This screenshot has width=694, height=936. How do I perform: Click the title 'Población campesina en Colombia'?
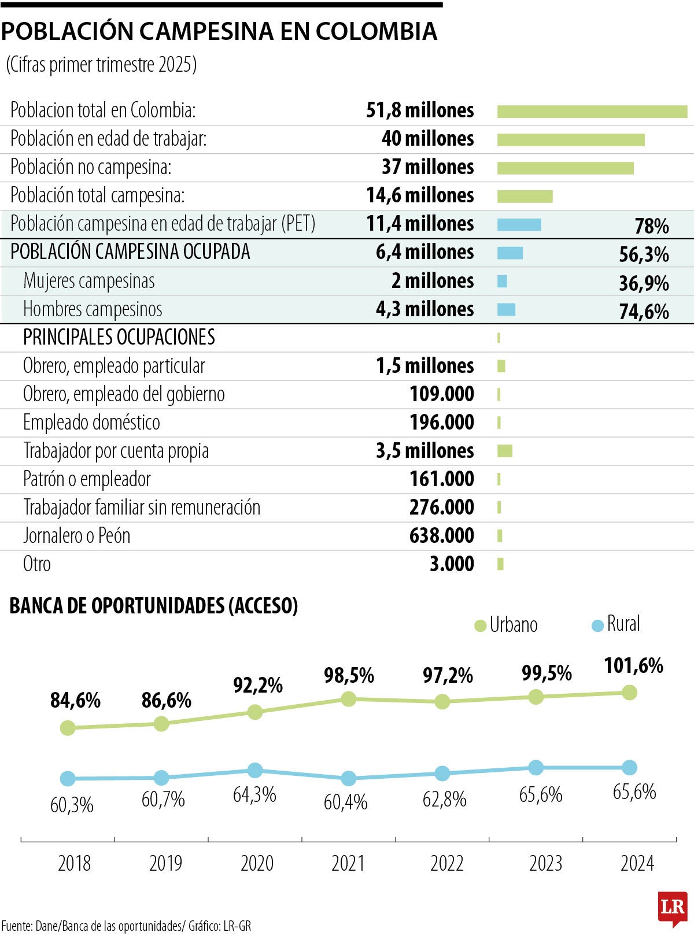219,32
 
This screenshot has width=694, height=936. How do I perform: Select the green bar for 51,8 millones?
592,112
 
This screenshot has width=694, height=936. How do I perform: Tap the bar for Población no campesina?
565,168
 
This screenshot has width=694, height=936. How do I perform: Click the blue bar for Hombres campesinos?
506,310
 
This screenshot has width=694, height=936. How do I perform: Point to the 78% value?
651,226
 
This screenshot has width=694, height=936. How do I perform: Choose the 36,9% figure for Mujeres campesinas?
644,283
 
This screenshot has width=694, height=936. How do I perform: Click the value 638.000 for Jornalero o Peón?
441,536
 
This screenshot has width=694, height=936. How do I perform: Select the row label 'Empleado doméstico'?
91,423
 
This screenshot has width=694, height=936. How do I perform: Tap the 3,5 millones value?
424,451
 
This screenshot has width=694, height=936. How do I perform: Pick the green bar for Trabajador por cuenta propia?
504,451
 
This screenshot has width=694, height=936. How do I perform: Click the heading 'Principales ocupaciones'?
119,338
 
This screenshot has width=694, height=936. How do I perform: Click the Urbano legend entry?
506,625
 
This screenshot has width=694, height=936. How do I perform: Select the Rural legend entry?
616,624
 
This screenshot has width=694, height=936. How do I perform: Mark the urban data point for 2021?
348,699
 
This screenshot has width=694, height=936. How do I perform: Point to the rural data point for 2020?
254,770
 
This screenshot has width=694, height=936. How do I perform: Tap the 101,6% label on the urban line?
633,666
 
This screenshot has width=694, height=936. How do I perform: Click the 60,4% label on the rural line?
345,802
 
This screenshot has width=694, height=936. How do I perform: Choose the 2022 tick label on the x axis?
447,864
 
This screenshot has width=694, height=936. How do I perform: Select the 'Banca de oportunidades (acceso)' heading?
154,606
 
